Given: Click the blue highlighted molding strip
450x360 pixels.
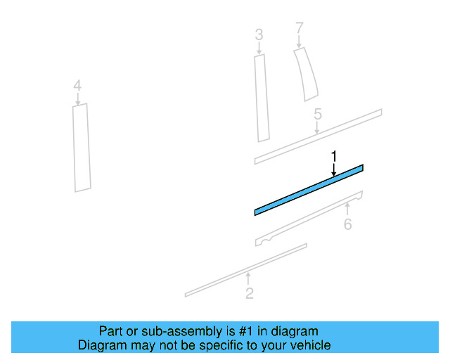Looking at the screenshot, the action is click(x=309, y=190).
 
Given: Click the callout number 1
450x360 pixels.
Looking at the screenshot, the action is click(x=333, y=157).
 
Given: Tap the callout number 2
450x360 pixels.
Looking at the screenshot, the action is click(x=250, y=293).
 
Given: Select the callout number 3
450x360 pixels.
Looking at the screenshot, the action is click(x=259, y=34).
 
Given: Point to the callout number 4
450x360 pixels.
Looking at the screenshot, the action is click(x=77, y=86).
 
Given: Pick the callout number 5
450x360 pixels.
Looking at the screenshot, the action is click(x=318, y=114).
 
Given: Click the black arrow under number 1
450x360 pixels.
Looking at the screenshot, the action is click(x=333, y=169).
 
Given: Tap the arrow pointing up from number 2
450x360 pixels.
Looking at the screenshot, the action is click(x=248, y=278).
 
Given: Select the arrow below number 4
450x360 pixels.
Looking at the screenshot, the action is click(x=77, y=99).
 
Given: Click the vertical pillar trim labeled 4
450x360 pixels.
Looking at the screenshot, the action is click(x=82, y=148).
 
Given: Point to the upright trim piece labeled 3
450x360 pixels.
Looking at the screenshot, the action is click(x=262, y=98).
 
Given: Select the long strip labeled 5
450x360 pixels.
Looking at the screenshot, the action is click(x=318, y=136).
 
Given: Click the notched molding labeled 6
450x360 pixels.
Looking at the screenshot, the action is click(x=309, y=219).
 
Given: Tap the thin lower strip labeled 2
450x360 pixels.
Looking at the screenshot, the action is click(x=246, y=270).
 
